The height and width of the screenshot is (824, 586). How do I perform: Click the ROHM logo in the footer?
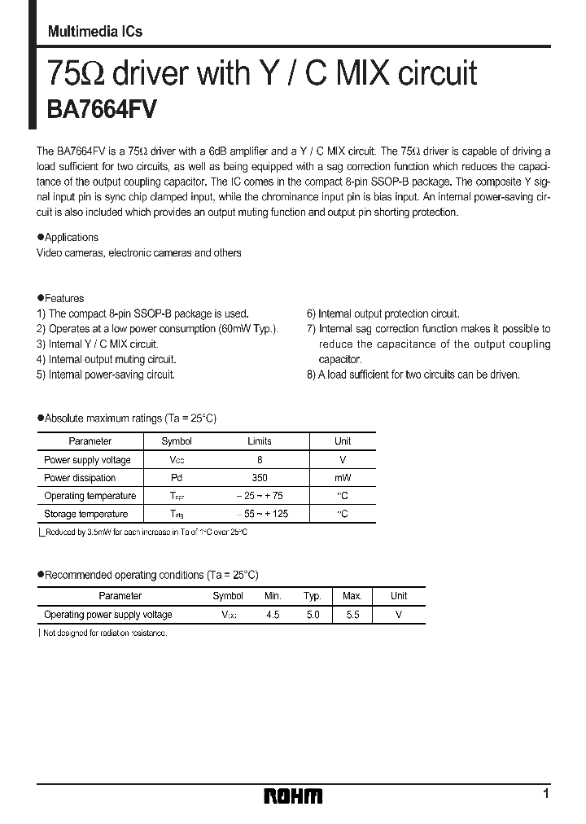tap(293, 796)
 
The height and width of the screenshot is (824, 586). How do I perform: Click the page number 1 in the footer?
tap(545, 793)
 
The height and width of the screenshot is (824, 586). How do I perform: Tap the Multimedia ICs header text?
tap(95, 31)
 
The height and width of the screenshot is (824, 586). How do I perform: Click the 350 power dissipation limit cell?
tap(259, 478)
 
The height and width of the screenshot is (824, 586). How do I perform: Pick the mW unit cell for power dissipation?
tap(343, 478)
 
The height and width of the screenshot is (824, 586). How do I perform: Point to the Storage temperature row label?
tap(86, 514)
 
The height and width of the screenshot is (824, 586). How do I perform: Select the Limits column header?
tap(259, 441)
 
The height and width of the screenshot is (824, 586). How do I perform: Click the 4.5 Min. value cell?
tap(273, 615)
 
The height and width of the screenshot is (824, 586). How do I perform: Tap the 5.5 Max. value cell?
tap(352, 615)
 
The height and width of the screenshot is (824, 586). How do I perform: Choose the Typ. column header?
tap(313, 596)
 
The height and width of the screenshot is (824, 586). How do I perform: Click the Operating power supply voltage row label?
tap(108, 615)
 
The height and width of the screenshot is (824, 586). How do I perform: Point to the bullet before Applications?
tap(41, 237)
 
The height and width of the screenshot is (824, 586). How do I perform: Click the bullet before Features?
tap(41, 298)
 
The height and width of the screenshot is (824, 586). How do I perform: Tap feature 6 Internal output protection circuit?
tap(383, 313)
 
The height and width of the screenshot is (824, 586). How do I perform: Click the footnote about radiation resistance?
tap(103, 633)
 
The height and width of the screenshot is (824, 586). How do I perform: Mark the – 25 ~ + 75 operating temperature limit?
tap(259, 496)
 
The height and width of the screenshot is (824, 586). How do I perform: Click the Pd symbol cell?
tap(177, 478)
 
